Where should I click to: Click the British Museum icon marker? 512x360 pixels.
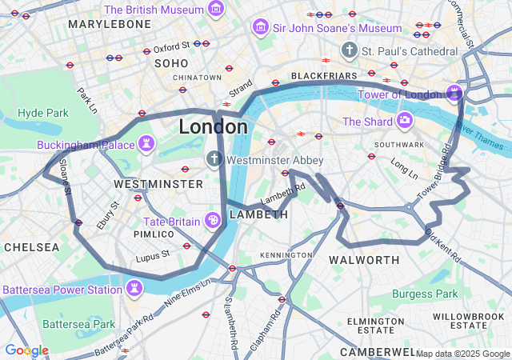point(215,10)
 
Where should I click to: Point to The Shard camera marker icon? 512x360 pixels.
point(406,121)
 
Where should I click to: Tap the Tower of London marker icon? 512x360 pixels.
point(454,94)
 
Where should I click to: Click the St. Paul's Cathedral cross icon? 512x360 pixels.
point(348,50)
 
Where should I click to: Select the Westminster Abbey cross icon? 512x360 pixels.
point(214,159)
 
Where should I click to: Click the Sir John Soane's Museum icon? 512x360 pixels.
point(260,28)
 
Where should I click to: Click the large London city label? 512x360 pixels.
point(213,126)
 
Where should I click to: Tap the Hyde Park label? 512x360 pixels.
point(43,113)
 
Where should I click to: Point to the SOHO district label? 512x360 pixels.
point(170,62)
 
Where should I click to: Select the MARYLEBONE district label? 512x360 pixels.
point(109,24)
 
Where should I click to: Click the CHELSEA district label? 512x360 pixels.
point(30,247)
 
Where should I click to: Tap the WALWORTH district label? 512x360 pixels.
point(364,260)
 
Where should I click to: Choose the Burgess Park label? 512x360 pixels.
point(425,294)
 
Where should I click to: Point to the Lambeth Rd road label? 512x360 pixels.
point(283,193)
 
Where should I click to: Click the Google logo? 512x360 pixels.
point(26,350)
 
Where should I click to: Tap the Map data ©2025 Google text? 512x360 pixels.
point(462,354)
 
